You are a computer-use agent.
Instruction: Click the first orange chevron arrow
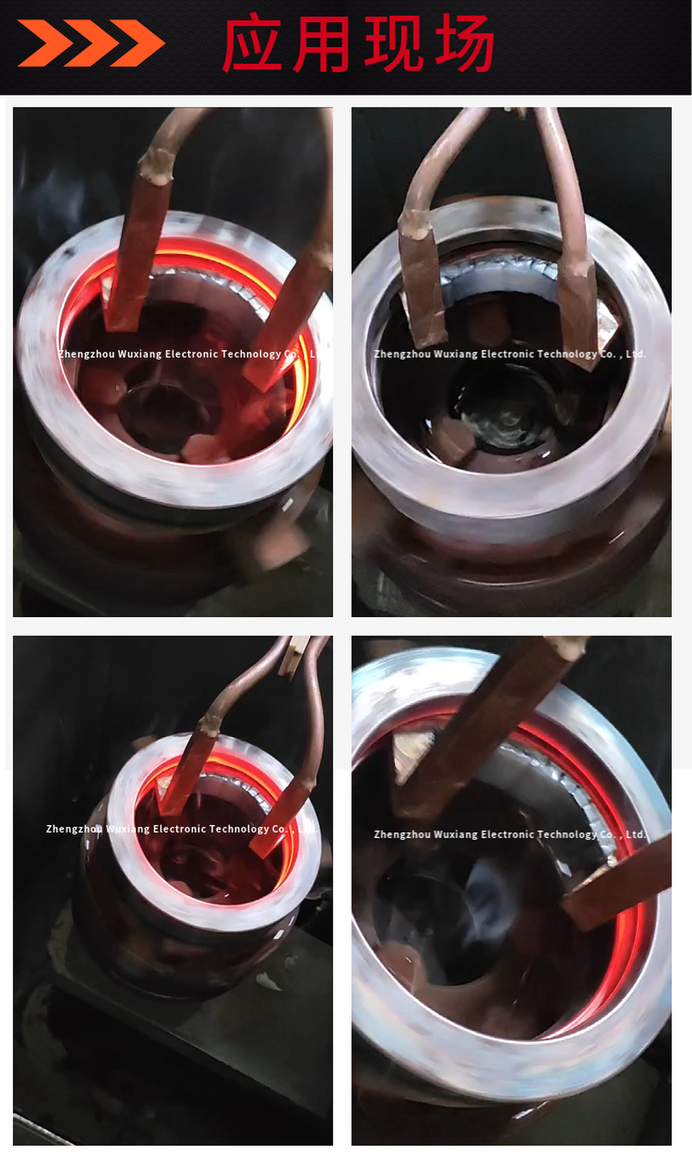coord(44,43)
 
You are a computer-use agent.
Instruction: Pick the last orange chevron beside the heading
coord(138,43)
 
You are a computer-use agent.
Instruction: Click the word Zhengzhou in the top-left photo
coord(87,354)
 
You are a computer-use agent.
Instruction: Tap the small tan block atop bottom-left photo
coord(293,654)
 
